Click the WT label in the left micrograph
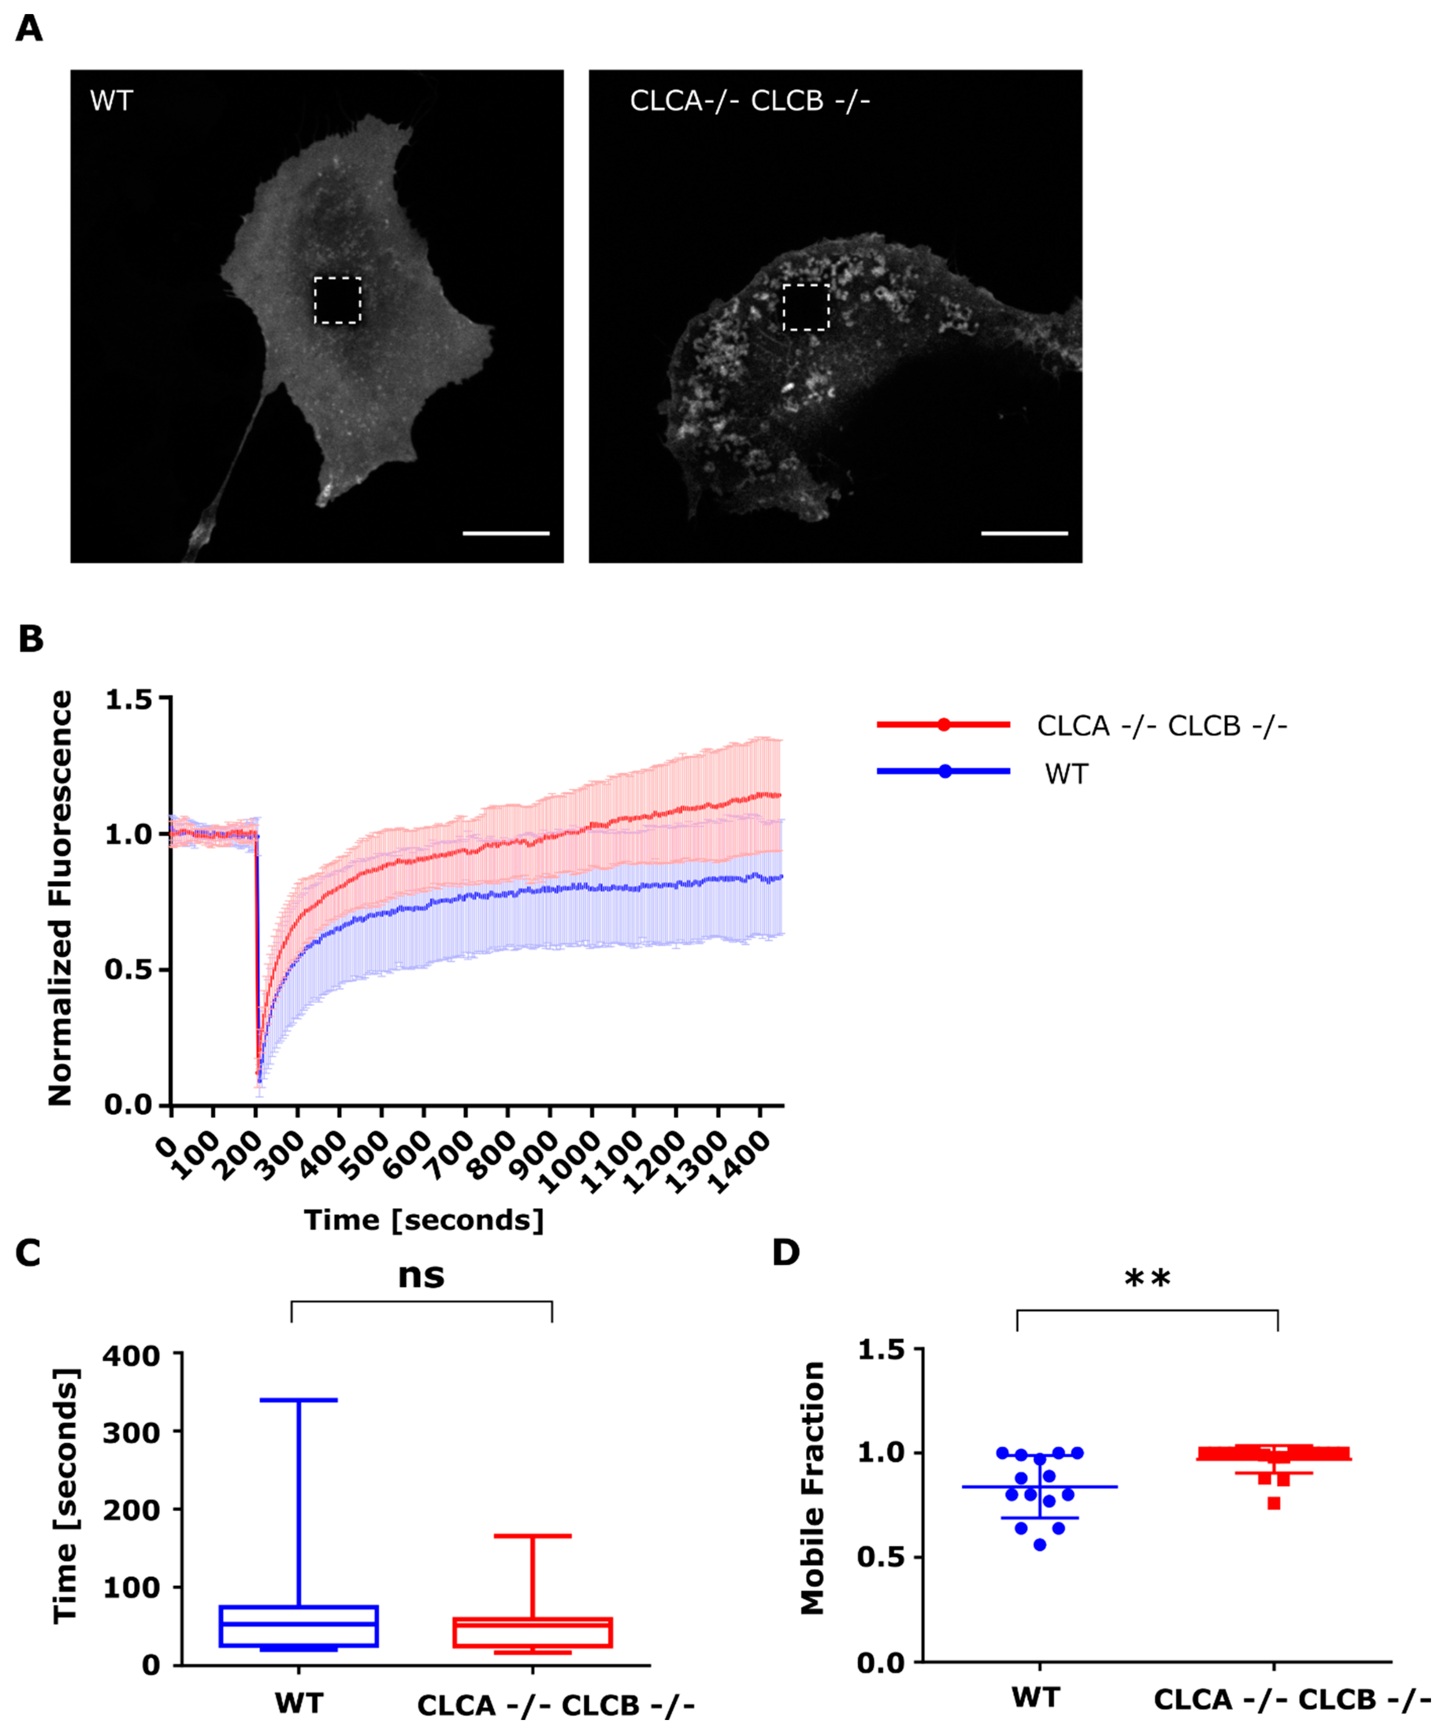tap(111, 102)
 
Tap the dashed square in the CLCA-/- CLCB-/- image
tap(805, 307)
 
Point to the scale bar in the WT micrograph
tap(506, 533)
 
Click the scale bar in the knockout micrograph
tap(1025, 533)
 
